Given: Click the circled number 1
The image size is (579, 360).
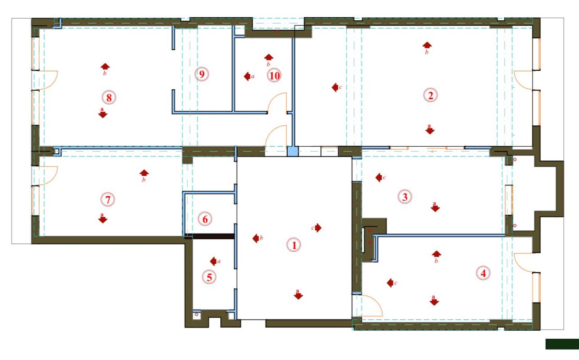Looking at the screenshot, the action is tap(294, 245).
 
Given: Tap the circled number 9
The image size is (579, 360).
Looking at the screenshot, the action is tap(202, 74).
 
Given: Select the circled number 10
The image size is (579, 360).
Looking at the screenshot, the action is tap(274, 76).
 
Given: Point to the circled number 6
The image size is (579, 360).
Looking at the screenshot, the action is tap(205, 219).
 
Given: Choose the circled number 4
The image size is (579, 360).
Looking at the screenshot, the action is tap(483, 273).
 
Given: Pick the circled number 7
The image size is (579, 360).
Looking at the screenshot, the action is tap(108, 200).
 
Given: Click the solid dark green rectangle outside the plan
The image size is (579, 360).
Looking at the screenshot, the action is tap(562, 344).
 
